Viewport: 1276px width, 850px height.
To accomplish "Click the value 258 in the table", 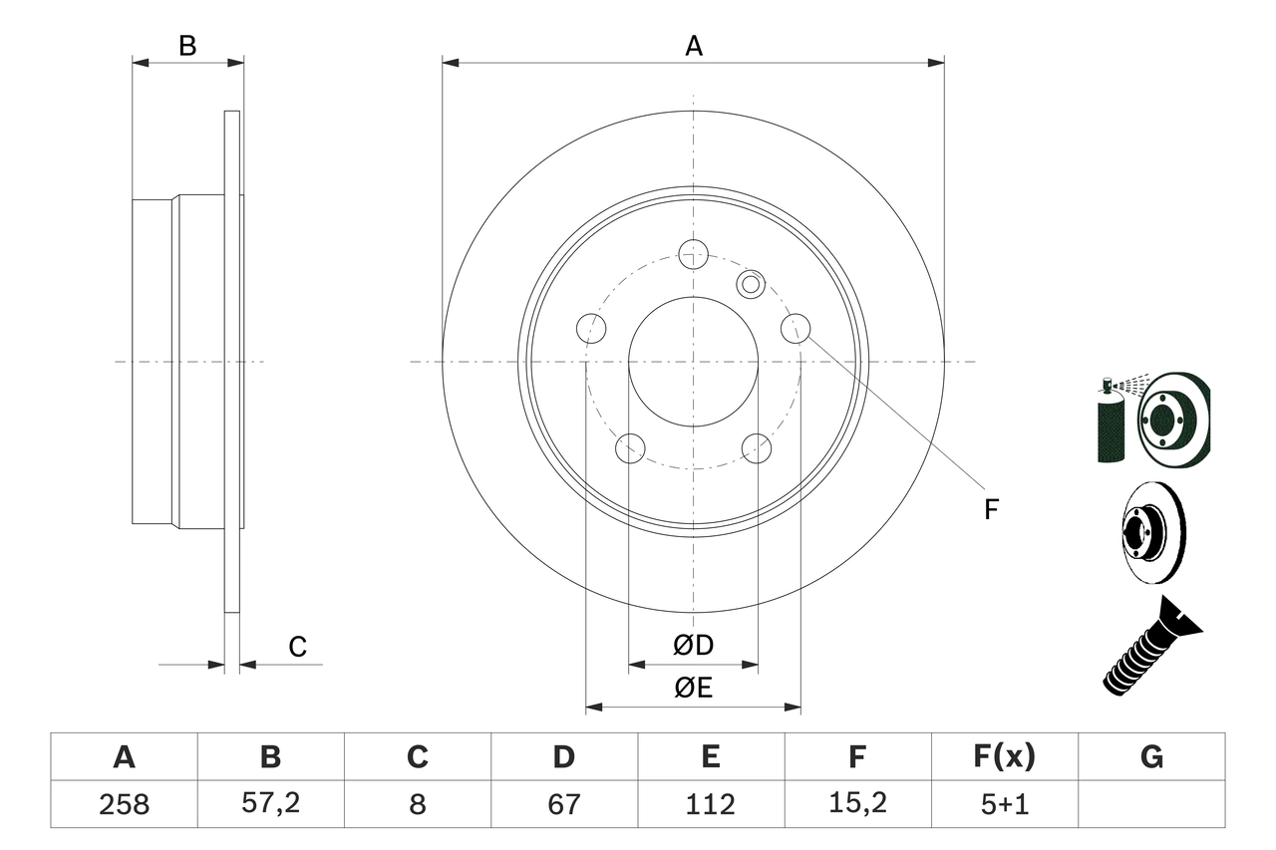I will [124, 804].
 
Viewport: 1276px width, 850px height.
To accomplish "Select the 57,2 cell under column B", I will [270, 804].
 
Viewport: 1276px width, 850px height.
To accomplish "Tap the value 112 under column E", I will [710, 804].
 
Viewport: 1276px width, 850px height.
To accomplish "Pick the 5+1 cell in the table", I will [1004, 804].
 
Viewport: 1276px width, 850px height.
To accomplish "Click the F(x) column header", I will [1004, 757].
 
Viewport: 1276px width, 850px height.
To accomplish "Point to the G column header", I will [1151, 757].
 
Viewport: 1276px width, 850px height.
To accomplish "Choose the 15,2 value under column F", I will [856, 804].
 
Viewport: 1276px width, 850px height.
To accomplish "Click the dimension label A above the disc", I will [694, 46].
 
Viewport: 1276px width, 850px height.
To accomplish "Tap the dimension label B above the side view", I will [187, 46].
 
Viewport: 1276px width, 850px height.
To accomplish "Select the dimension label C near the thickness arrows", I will [297, 648].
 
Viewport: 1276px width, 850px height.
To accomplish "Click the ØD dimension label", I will [694, 646].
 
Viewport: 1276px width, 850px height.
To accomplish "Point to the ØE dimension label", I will [694, 689].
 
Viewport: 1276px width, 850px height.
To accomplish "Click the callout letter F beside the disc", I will [990, 509].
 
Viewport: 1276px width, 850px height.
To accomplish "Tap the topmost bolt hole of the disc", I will [693, 254].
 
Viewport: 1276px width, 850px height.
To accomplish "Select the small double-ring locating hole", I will [750, 284].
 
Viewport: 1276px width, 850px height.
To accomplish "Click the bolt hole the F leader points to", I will [796, 328].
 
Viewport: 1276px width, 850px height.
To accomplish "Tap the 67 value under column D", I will [563, 804].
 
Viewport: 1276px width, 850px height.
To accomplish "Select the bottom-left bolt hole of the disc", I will [630, 448].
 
